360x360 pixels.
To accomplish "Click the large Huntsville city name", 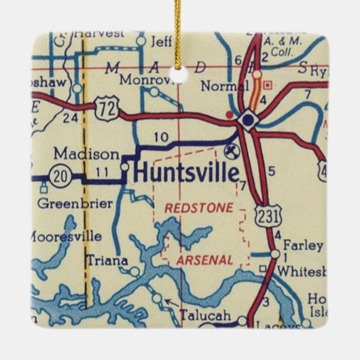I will click(185, 172).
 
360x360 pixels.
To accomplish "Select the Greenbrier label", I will click(62, 202).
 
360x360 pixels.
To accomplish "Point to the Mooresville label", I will click(66, 236).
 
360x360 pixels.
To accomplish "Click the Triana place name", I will click(103, 259).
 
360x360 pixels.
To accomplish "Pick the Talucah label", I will click(204, 315).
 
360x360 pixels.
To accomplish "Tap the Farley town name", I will click(301, 243).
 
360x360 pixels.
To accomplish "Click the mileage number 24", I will click(70, 117).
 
